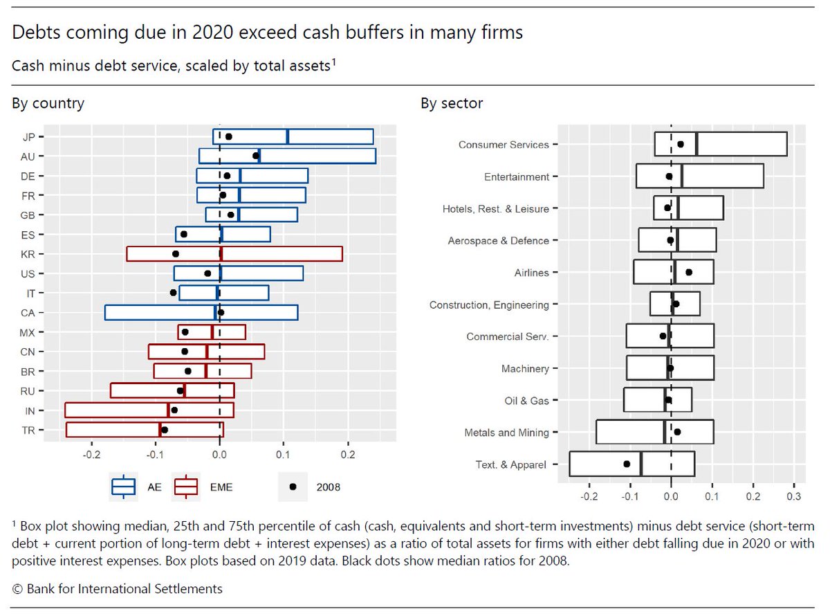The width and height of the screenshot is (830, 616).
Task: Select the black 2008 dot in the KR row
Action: click(x=176, y=254)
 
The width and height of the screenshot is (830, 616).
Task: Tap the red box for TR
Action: click(x=145, y=430)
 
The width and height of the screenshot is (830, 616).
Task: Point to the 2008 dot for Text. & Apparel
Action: click(x=627, y=464)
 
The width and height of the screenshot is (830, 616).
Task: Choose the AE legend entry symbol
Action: click(x=124, y=487)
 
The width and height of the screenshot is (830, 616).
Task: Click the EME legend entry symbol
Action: click(x=187, y=487)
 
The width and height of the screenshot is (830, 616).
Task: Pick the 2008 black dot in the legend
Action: click(x=293, y=487)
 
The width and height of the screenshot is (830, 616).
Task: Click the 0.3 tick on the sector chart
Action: click(x=794, y=496)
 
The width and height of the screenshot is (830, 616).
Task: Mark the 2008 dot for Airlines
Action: click(x=689, y=272)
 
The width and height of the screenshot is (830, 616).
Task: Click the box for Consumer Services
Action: click(x=720, y=144)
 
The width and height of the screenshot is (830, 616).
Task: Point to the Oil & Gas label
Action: click(x=526, y=401)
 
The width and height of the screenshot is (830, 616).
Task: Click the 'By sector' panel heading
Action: click(x=452, y=104)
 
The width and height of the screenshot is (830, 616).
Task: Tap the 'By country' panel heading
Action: click(x=48, y=104)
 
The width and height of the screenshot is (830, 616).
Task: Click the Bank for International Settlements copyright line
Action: click(x=118, y=589)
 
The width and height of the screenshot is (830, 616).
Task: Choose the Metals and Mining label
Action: click(x=507, y=433)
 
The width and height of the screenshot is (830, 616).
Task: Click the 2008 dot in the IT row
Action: click(x=174, y=293)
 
